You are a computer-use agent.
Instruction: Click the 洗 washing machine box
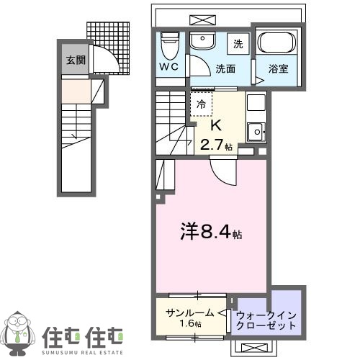pyautogui.click(x=238, y=43)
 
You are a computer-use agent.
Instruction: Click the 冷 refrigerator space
pyautogui.click(x=202, y=104)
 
